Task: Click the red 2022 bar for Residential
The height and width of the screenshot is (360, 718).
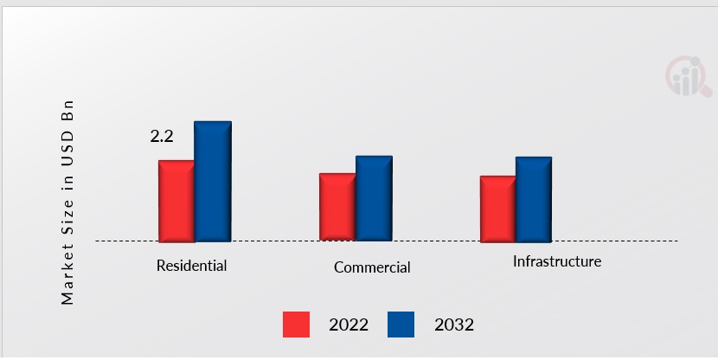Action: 176,201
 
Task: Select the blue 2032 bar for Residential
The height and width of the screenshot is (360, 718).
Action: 213,181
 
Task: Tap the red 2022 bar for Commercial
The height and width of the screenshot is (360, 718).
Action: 337,207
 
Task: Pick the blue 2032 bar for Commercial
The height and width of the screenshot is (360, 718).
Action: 374,198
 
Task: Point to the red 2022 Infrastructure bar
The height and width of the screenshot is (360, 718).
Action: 497,209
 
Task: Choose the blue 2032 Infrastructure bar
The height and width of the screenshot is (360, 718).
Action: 534,199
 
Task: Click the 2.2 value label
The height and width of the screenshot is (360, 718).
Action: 162,136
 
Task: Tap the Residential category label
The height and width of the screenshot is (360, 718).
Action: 191,266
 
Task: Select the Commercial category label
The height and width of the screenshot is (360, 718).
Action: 372,267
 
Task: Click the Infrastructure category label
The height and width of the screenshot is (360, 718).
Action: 556,261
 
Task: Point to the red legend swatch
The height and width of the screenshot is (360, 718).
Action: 296,325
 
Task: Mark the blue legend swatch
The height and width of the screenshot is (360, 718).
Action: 401,325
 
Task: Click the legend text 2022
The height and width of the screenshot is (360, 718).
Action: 349,325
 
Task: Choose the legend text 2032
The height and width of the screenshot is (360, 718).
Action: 454,325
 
